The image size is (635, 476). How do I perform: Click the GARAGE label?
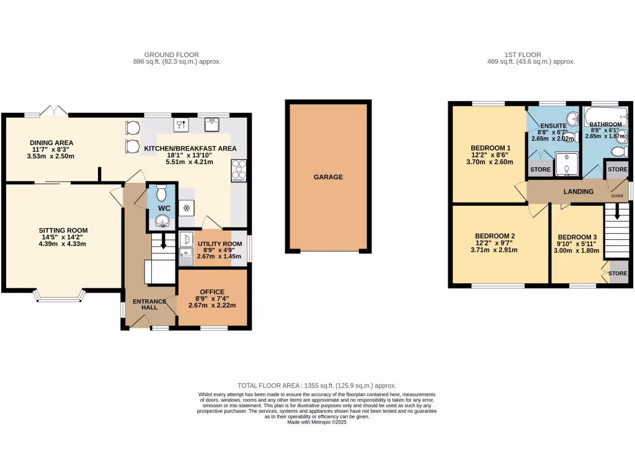click(328, 177)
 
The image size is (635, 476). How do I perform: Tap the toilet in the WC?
click(162, 194)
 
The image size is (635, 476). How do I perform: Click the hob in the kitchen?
click(238, 170)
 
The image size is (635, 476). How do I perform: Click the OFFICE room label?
click(212, 292)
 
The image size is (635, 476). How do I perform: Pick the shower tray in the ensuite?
click(564, 164)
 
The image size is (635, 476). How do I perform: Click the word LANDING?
click(578, 192)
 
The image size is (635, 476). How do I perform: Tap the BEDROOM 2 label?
click(495, 236)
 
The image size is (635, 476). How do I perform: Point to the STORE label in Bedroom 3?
click(618, 273)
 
